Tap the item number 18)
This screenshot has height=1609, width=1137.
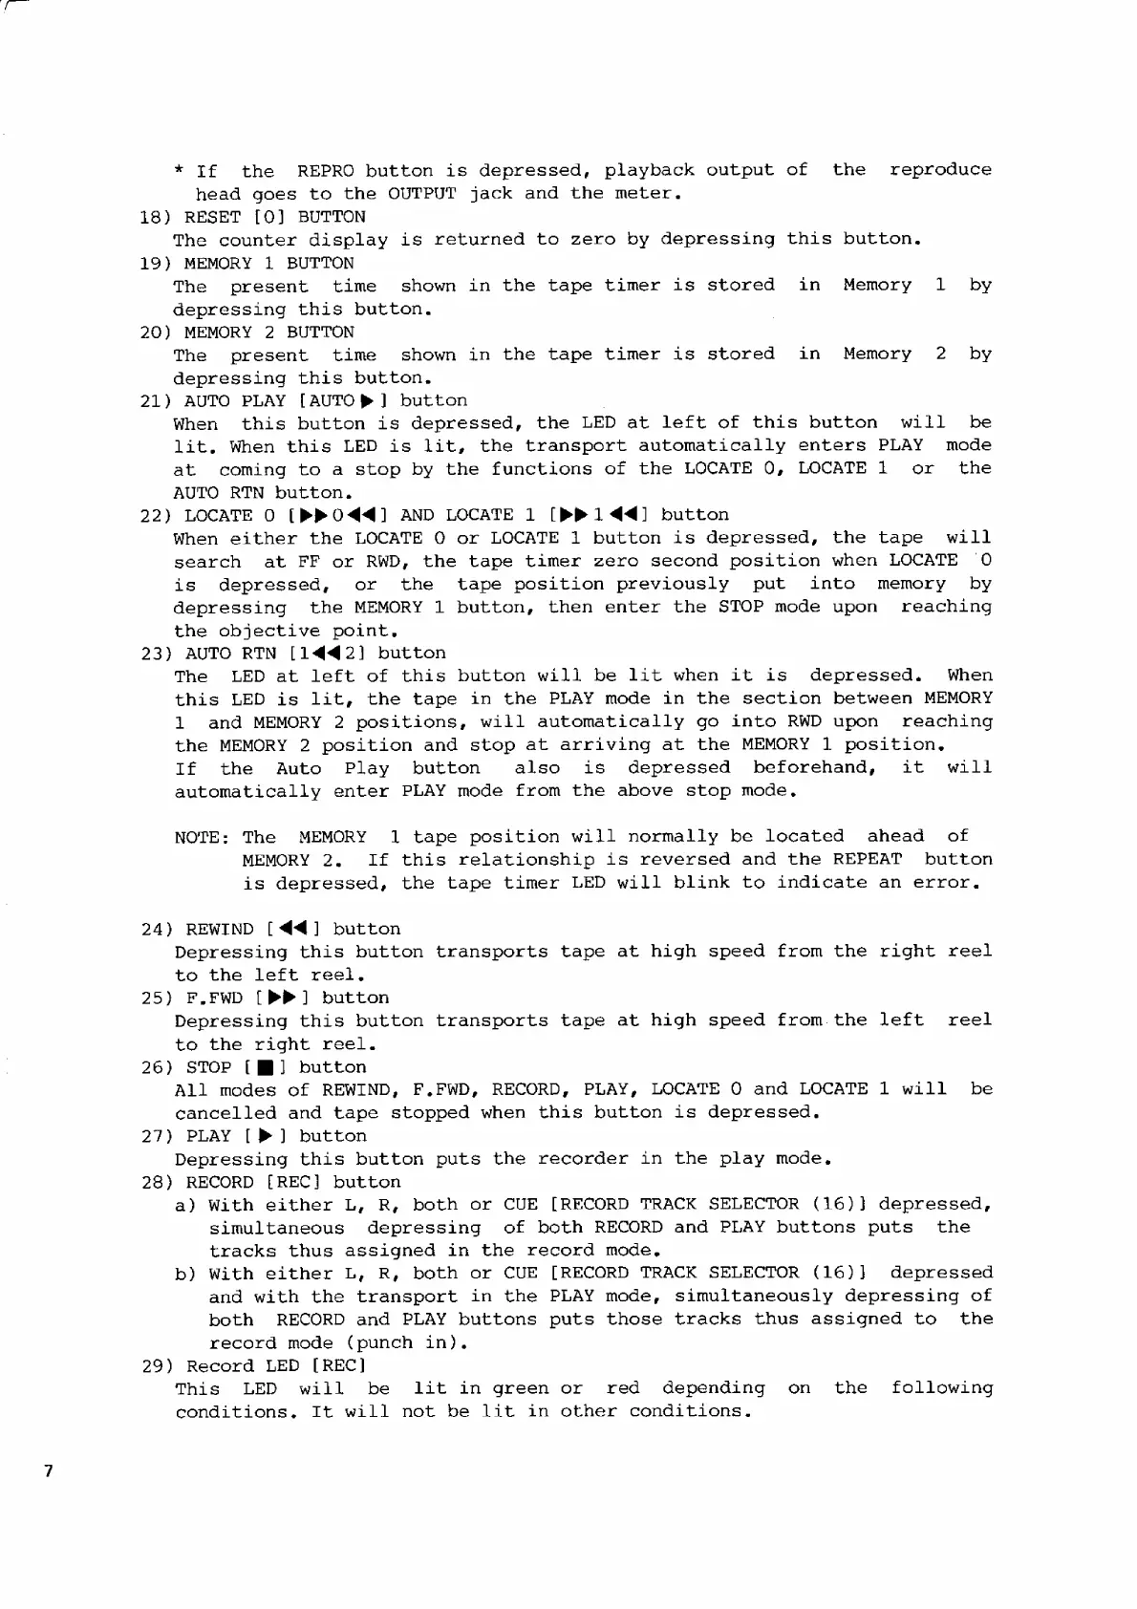(x=156, y=217)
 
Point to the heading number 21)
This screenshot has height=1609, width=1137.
(x=156, y=401)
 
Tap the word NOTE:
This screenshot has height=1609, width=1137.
(x=201, y=838)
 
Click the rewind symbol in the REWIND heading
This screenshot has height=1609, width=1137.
(x=291, y=929)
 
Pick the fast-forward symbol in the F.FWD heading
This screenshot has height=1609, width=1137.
(x=280, y=998)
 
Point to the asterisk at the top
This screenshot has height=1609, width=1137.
(x=180, y=171)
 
